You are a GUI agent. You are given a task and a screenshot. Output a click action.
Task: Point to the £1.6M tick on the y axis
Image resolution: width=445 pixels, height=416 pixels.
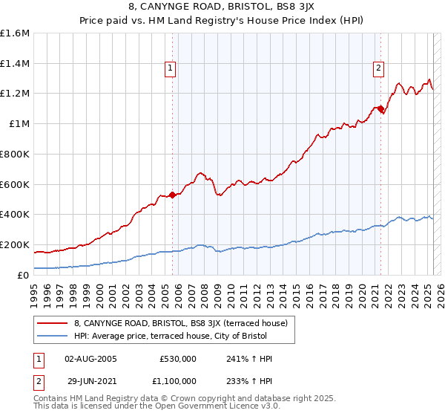pos(15,33)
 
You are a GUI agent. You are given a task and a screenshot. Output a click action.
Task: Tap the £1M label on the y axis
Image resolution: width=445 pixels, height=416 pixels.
pos(20,124)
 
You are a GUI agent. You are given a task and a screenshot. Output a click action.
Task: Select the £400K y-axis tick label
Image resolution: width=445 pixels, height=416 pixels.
pos(15,215)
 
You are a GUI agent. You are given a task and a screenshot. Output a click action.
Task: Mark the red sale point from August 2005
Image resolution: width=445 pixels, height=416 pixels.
pos(172,195)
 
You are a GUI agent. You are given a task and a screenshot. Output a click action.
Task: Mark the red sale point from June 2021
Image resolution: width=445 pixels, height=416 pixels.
pos(381,109)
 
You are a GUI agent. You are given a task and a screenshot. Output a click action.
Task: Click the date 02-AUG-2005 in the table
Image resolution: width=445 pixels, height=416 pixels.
pos(90,358)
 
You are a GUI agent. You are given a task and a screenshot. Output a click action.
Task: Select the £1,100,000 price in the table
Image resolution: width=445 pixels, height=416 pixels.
pos(177,380)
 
